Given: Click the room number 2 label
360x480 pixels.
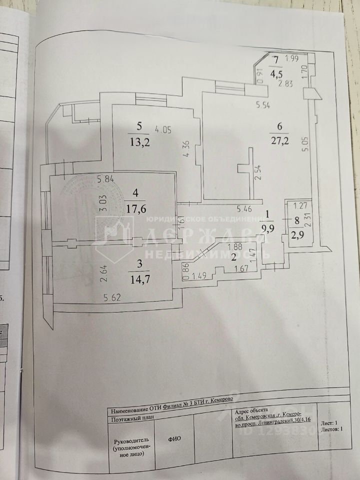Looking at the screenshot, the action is (232, 257).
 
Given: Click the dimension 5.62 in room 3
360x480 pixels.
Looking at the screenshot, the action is (112, 298).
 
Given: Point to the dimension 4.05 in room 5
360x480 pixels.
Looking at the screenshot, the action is (163, 130).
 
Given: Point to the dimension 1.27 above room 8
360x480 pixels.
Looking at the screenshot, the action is (299, 205).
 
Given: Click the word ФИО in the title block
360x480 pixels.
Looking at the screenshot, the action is (174, 438).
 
